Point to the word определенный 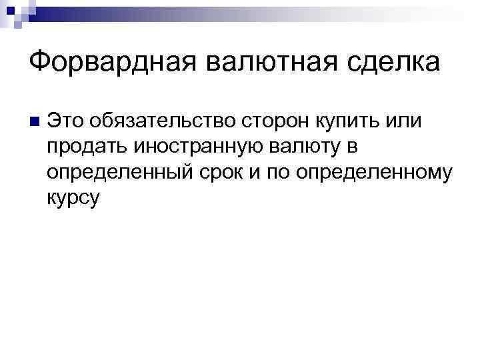pyautogui.click(x=119, y=171)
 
